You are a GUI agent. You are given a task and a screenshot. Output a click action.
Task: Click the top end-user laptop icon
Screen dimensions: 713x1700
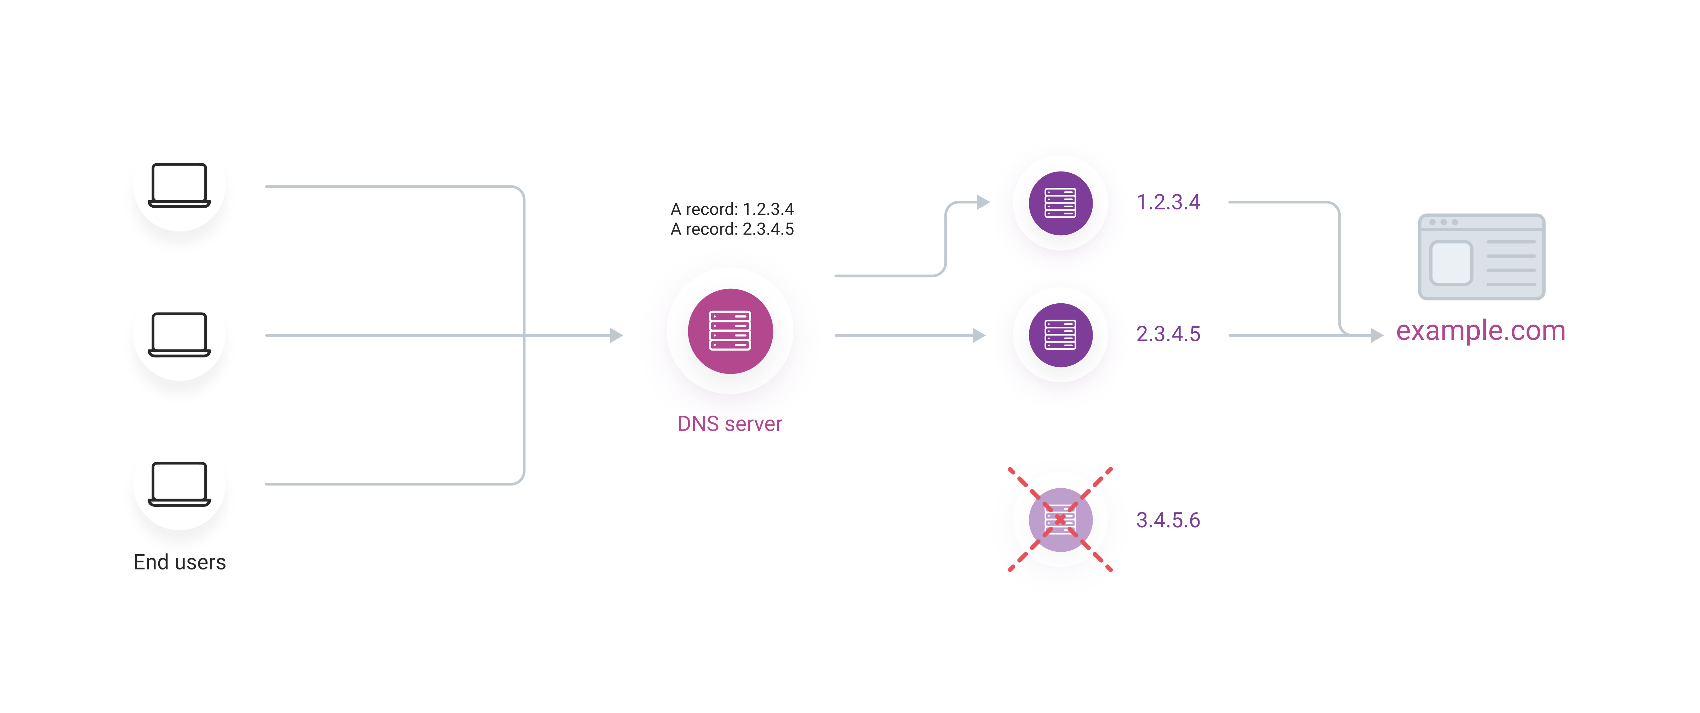coord(179,185)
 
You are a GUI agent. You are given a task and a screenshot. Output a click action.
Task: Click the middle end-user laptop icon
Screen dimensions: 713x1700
coord(179,335)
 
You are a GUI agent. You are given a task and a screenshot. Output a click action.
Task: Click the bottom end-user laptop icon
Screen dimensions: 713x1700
coord(179,484)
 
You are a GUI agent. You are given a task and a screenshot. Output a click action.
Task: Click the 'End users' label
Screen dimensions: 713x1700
coord(180,562)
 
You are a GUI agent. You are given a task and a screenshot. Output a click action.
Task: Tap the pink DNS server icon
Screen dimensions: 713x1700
coord(730,331)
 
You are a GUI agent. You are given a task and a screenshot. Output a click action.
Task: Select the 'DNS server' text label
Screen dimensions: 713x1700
coord(730,423)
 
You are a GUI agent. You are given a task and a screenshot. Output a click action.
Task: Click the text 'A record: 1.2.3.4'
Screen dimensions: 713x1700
coord(732,209)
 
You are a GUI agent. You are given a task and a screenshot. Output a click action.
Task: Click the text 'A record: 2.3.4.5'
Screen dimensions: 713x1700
coord(732,229)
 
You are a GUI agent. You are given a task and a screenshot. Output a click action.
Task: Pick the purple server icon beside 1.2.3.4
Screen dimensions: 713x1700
coord(1060,203)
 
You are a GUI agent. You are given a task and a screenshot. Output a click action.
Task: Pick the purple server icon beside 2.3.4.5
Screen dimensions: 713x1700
coord(1060,335)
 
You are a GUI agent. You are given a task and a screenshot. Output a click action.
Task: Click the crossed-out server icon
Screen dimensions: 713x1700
coord(1060,520)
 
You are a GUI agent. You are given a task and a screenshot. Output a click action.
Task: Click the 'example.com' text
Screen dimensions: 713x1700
coord(1481,331)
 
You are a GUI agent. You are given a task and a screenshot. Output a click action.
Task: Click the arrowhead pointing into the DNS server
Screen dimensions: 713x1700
coord(616,335)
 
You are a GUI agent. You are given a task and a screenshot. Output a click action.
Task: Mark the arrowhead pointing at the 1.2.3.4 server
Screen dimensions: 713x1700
coord(983,202)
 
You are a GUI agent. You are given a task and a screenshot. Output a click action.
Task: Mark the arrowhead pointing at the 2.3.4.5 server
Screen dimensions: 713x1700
coord(979,335)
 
